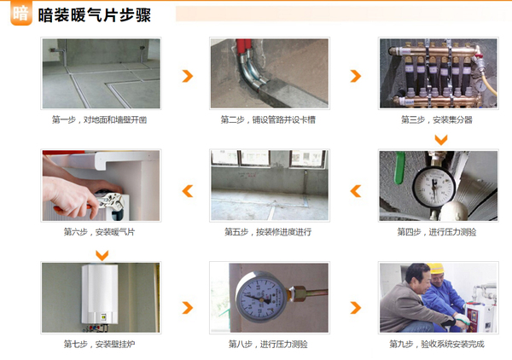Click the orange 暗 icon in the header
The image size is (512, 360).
coord(21,13)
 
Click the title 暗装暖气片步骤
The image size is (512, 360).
coord(95,15)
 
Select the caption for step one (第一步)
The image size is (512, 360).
coord(99,120)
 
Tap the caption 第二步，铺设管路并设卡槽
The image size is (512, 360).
coord(268,120)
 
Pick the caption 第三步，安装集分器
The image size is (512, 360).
coord(437,120)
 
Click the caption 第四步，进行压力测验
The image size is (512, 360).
coord(437,232)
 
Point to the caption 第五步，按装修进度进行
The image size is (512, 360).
coord(268,232)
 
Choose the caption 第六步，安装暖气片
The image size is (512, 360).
coord(99,232)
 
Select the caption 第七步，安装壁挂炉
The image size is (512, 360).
coord(99,344)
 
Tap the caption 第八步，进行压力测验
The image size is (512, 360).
coord(268,344)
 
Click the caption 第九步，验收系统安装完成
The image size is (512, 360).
coord(437,344)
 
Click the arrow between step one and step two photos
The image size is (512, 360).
coord(188,76)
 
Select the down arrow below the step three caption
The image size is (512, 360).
coord(441,140)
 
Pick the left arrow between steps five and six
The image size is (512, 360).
coord(187,191)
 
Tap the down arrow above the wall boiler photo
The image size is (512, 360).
coord(102,255)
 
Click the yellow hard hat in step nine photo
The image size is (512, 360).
coord(435,268)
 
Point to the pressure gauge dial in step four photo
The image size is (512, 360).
coord(433,187)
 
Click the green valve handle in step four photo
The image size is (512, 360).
coord(399,167)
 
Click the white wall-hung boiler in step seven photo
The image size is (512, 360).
coord(100,293)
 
